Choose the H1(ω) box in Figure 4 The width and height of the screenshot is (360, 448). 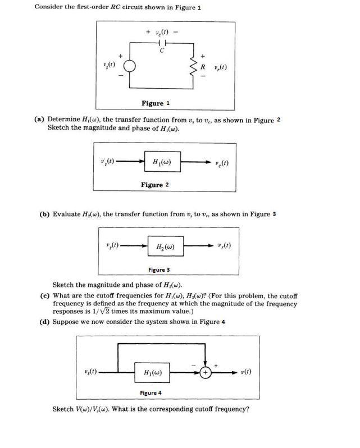click(153, 372)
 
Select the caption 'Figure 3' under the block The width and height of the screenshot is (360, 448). click(160, 270)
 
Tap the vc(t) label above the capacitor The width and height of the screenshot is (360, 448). click(163, 33)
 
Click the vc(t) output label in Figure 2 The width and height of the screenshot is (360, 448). click(222, 163)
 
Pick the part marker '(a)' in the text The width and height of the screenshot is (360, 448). click(39, 119)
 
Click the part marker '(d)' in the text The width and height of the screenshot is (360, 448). click(44, 322)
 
